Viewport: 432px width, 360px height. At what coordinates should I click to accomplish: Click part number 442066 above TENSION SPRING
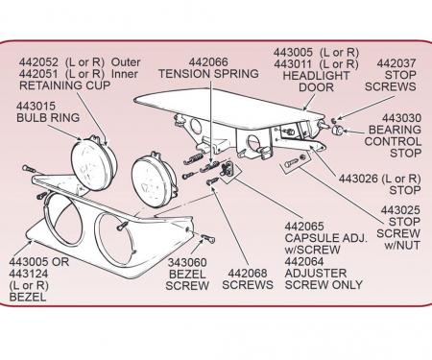point(208,62)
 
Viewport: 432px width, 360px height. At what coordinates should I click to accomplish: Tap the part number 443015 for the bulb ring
point(36,106)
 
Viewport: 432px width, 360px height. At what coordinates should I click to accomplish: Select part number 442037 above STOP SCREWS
point(396,63)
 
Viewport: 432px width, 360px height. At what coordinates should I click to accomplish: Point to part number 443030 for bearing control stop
point(401,118)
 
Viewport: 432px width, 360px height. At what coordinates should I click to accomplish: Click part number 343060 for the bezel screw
point(187,262)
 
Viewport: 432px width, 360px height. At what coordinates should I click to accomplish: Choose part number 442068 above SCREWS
point(248,274)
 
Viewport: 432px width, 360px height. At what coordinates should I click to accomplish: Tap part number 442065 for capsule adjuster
point(304,227)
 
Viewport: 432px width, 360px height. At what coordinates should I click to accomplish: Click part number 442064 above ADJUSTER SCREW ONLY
point(304,261)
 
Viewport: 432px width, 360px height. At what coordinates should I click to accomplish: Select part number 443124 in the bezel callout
point(29,274)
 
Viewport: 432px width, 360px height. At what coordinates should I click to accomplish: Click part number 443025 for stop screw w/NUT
point(400,210)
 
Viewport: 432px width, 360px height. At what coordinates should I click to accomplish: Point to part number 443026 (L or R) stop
point(358,179)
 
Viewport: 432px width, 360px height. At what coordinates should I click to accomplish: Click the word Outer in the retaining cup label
point(126,62)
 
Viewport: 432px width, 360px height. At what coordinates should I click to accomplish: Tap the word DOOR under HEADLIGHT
point(316,87)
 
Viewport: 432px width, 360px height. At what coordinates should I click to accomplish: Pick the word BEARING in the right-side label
point(395,130)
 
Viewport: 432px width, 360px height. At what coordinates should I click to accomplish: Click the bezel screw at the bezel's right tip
point(208,238)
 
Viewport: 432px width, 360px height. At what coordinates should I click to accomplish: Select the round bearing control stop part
point(337,130)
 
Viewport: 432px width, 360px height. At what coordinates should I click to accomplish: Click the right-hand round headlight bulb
point(155,180)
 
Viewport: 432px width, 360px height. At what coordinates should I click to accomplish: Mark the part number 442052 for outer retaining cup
point(38,62)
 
